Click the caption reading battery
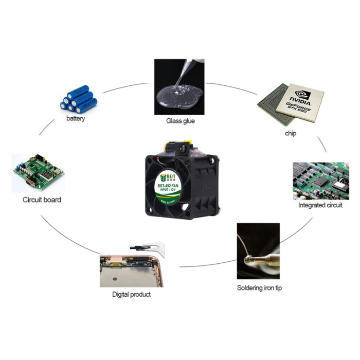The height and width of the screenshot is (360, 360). pyautogui.click(x=76, y=119)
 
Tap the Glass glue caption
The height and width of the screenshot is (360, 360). pyautogui.click(x=181, y=121)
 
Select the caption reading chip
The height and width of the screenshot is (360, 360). pyautogui.click(x=291, y=133)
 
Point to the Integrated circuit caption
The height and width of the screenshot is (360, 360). pyautogui.click(x=320, y=205)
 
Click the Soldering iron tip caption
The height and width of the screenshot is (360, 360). pyautogui.click(x=259, y=287)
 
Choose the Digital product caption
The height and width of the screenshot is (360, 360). pyautogui.click(x=131, y=294)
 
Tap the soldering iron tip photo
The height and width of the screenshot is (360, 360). pyautogui.click(x=258, y=250)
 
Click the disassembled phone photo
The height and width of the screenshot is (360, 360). pyautogui.click(x=131, y=267)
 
